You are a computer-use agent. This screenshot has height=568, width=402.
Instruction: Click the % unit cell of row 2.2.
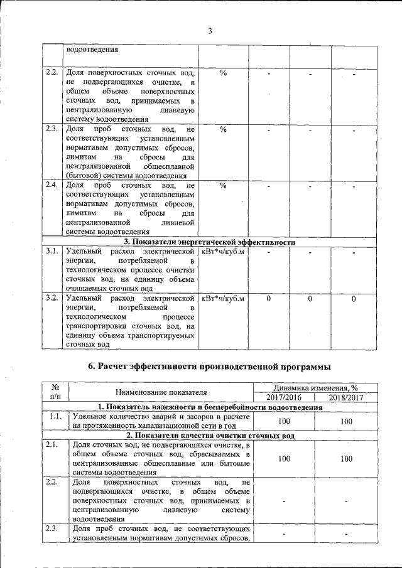pos(223,73)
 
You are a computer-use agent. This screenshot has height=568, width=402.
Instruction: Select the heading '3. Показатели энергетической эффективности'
pos(209,242)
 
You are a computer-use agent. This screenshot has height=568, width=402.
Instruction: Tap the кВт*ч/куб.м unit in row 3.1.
pos(223,251)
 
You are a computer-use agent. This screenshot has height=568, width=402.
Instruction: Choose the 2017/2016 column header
pos(284,397)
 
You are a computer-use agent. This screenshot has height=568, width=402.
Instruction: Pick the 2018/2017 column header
pos(346,397)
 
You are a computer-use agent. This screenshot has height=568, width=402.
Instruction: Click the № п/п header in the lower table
pos(55,392)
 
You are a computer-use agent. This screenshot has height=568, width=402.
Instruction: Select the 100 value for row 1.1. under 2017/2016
pos(284,421)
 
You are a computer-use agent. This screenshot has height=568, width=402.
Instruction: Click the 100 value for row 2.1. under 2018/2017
pos(346,459)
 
